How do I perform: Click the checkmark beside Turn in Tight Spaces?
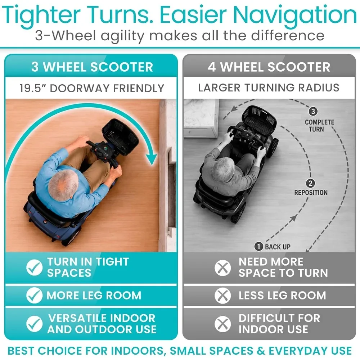[35, 267]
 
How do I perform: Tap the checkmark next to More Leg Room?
[35, 295]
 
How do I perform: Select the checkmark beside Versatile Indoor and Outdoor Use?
[35, 324]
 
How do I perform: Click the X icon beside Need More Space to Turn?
[223, 268]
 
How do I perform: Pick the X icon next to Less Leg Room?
[223, 296]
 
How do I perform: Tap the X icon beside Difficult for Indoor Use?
[223, 324]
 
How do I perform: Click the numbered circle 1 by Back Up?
[259, 247]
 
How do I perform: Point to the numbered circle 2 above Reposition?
[310, 184]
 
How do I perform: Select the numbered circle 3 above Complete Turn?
[313, 112]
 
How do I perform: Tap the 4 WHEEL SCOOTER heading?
[269, 67]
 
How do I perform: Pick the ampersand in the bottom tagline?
[261, 351]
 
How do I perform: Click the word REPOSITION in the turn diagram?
[311, 193]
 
